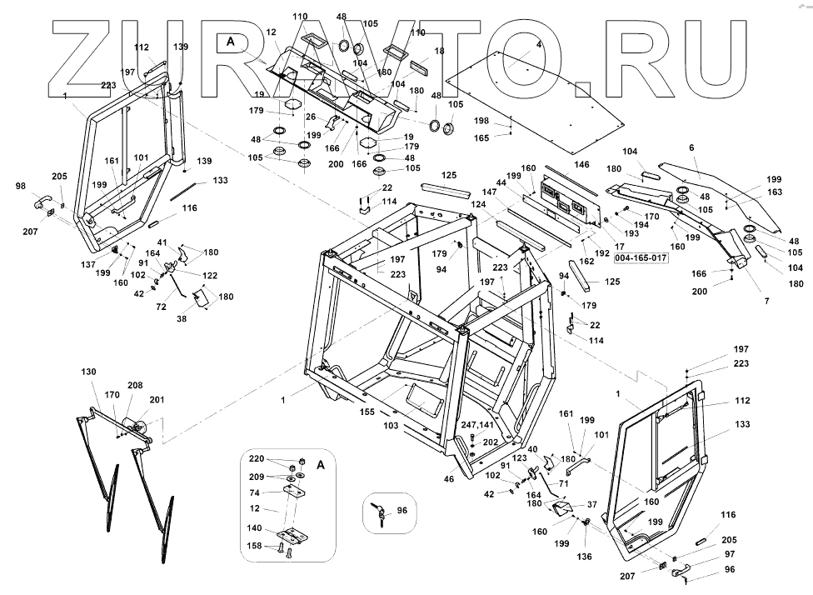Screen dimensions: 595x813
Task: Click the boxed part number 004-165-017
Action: (641, 258)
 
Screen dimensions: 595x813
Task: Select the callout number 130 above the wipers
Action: (88, 372)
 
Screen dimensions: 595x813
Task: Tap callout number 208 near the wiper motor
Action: (135, 385)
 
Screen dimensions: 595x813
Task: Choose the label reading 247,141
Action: (477, 425)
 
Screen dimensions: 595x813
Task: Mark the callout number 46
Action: (449, 479)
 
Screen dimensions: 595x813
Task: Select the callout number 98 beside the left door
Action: (21, 186)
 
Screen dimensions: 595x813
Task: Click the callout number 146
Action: (581, 165)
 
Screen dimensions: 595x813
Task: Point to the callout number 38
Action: (182, 319)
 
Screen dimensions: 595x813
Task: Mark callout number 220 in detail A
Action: (255, 459)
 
